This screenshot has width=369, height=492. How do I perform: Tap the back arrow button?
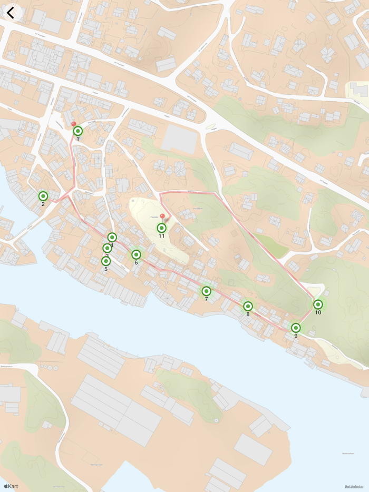tap(11, 13)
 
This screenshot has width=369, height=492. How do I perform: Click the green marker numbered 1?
tap(78, 131)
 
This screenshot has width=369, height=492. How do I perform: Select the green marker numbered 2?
tap(43, 196)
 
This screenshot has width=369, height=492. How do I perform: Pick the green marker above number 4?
tap(112, 238)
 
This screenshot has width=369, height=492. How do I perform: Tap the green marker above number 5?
tap(106, 261)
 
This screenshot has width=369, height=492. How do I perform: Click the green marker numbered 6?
tap(136, 255)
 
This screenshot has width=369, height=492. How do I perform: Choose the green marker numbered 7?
tap(206, 291)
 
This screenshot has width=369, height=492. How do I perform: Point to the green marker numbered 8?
tap(248, 306)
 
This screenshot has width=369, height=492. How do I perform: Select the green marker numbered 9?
tap(296, 328)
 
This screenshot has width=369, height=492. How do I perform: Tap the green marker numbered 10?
tap(318, 304)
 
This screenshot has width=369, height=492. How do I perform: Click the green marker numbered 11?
tap(162, 228)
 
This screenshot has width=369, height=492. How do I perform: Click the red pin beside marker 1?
tap(73, 124)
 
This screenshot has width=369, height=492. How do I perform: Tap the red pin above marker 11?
tap(162, 217)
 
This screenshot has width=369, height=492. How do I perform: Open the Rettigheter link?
tap(354, 486)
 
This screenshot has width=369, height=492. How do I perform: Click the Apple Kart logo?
tap(11, 486)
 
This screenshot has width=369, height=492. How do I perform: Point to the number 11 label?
tap(162, 237)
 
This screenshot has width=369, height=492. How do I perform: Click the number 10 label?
tap(318, 313)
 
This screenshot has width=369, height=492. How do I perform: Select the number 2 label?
tap(43, 204)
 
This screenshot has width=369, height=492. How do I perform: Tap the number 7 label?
tap(206, 300)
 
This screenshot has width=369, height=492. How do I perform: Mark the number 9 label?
tap(296, 336)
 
